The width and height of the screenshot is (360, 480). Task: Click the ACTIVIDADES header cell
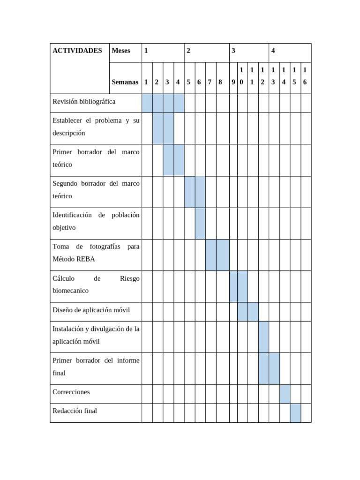[77, 51]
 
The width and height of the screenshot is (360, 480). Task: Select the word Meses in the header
[120, 51]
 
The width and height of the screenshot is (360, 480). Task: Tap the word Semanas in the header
[125, 82]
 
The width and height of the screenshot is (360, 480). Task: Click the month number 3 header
[233, 51]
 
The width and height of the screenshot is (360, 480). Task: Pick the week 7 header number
[210, 82]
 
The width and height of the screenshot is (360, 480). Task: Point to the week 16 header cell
[305, 76]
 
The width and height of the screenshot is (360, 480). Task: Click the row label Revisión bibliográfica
[84, 102]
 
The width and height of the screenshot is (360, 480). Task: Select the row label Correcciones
[71, 392]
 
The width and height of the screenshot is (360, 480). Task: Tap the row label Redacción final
[75, 411]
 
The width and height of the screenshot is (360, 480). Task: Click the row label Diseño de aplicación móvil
[91, 310]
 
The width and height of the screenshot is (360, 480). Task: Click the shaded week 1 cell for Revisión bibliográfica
[147, 103]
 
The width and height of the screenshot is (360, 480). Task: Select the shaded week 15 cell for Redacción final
[295, 413]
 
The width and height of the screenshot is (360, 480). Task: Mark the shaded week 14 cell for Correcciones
[285, 394]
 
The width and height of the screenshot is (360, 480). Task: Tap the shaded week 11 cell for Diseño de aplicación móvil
[253, 312]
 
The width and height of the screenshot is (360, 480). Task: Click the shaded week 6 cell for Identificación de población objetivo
[200, 223]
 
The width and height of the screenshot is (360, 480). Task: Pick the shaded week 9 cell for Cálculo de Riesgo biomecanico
[233, 286]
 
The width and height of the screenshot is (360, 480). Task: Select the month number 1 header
[146, 51]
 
